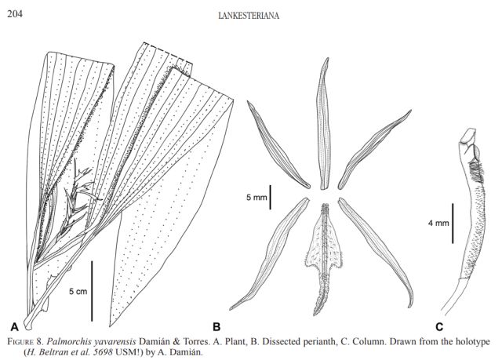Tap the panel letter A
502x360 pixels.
13,324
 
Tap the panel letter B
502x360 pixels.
216,325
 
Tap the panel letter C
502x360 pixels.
438,325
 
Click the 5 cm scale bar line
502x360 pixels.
92,291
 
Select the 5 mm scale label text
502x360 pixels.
256,198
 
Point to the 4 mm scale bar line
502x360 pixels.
453,223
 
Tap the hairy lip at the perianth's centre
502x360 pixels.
323,251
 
